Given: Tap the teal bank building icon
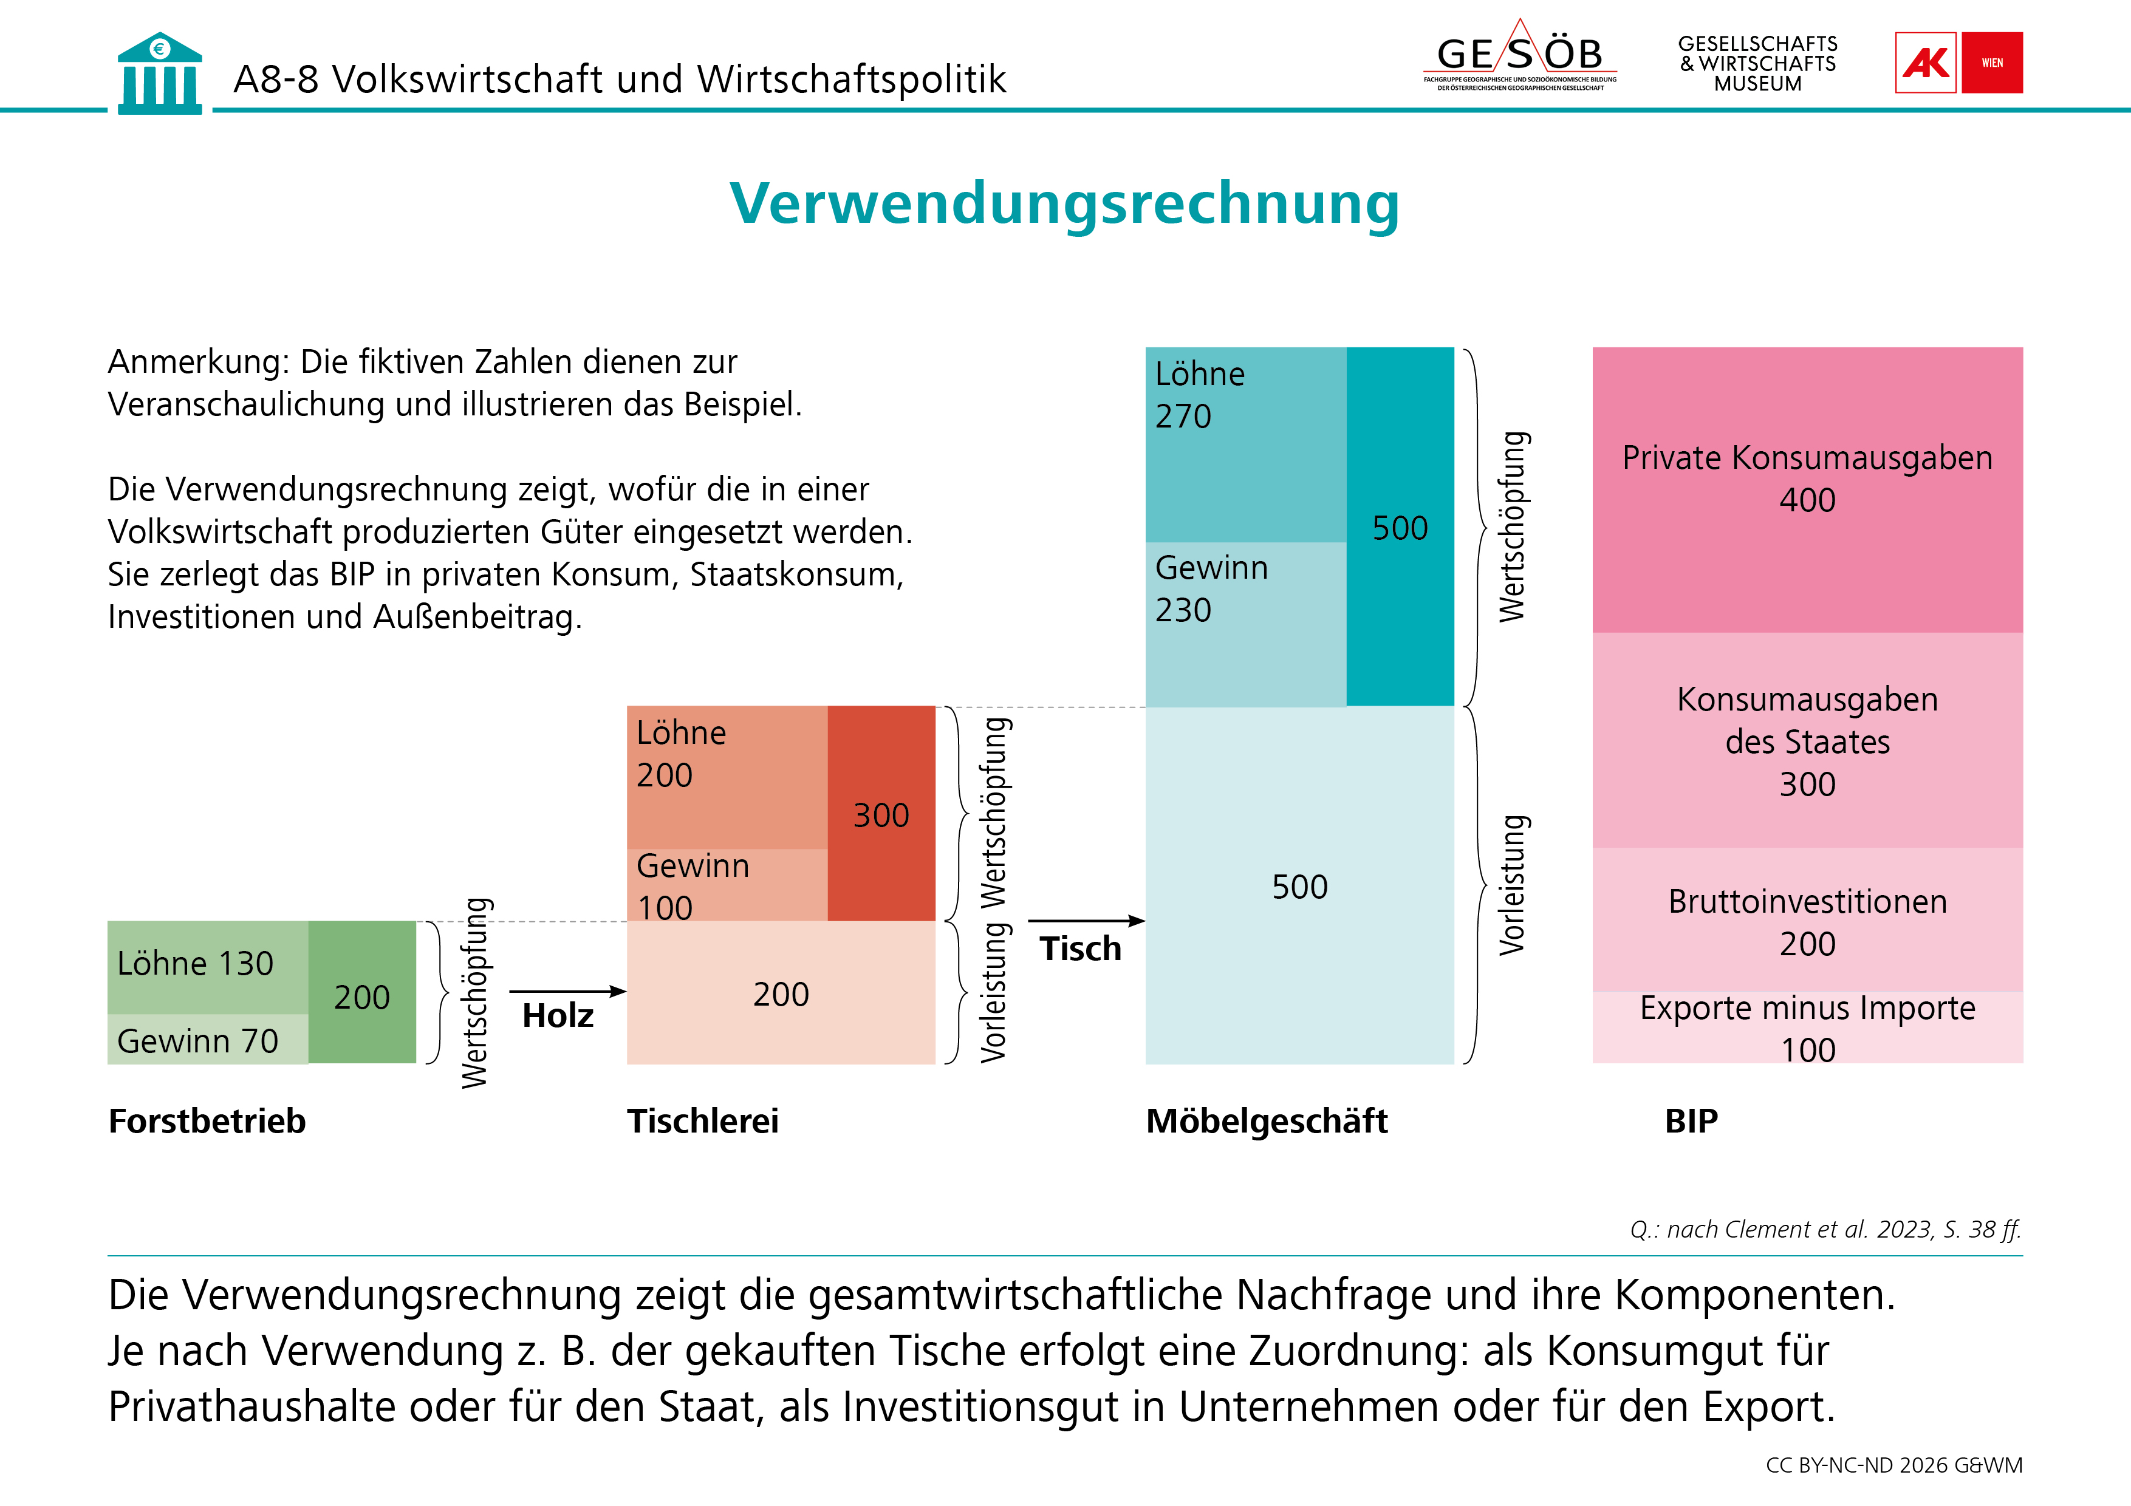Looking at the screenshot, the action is tap(160, 73).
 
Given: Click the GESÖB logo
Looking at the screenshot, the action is tap(1519, 56).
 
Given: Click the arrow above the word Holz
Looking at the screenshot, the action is tap(568, 991).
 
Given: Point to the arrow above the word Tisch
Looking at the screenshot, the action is tap(1087, 921).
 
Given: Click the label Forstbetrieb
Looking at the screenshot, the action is tap(207, 1121).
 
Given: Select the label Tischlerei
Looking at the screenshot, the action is tap(703, 1121).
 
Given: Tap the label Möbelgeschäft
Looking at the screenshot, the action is tap(1267, 1121).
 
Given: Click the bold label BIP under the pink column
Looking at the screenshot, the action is tap(1691, 1121).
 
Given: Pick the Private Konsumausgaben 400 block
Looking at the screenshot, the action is tap(1807, 490).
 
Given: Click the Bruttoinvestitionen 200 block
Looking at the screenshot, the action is tap(1807, 919).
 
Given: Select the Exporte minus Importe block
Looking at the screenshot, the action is tap(1807, 1027).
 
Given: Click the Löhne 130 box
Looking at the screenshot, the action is tap(208, 967).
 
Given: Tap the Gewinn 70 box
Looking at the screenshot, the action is tap(208, 1038).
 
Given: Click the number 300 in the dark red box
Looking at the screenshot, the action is tap(881, 815).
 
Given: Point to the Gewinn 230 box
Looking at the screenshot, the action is tap(1245, 624).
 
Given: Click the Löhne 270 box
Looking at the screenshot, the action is tap(1245, 445).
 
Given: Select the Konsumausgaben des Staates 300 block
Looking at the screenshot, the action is tap(1807, 740).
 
